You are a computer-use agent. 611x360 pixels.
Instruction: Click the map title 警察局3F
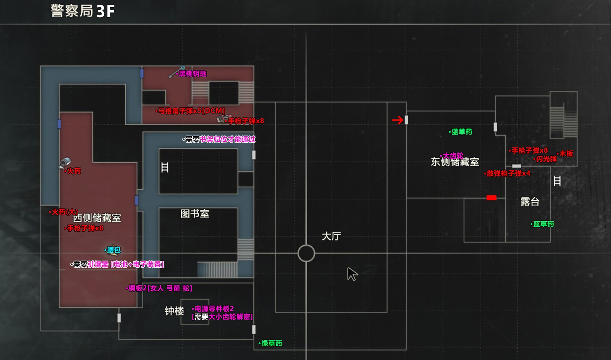(x=82, y=11)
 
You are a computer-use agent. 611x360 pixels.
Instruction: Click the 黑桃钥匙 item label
(x=192, y=74)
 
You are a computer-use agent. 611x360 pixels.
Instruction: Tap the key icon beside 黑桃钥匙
(x=176, y=72)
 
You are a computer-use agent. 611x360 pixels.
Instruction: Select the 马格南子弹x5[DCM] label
(x=191, y=111)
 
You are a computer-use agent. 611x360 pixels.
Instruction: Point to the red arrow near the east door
(x=398, y=120)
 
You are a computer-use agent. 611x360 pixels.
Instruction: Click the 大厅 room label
(x=331, y=236)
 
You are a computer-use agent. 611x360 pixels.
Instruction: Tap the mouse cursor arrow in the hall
(x=352, y=274)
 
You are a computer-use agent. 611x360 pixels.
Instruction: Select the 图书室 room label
(x=195, y=213)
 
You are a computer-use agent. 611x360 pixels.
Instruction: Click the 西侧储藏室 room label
(x=97, y=218)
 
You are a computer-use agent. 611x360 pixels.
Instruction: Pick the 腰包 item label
(x=113, y=250)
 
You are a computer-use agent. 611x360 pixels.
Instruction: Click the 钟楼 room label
(x=174, y=311)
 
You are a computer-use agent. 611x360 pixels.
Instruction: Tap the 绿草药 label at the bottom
(x=272, y=343)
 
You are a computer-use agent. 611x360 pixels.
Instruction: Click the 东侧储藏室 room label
(x=455, y=162)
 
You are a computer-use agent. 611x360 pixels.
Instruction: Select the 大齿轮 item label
(x=453, y=156)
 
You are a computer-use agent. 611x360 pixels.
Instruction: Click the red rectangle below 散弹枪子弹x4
(x=491, y=198)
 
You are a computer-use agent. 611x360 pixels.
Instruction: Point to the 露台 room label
(x=530, y=202)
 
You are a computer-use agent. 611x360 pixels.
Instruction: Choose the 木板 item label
(x=566, y=153)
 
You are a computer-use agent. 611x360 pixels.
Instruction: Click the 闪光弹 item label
(x=546, y=159)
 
